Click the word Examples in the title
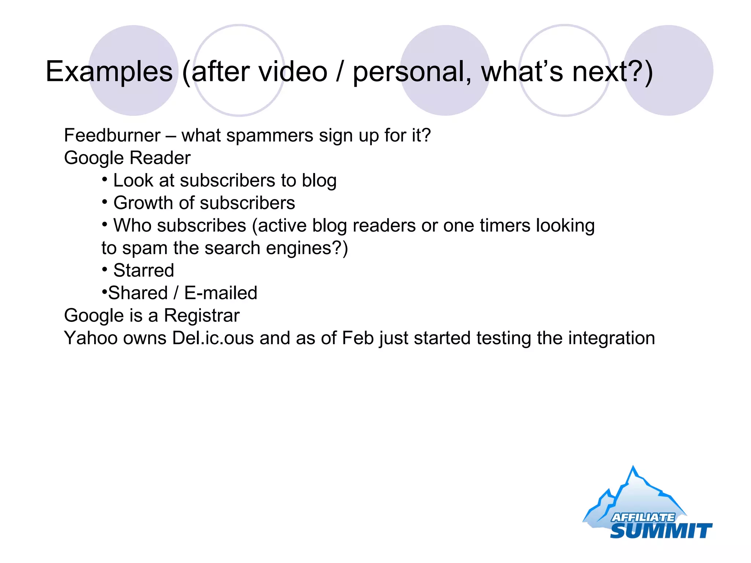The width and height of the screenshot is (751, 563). click(x=109, y=71)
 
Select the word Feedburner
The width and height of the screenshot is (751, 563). click(x=112, y=135)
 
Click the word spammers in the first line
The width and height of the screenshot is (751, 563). click(x=270, y=136)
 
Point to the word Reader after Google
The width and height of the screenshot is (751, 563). click(x=160, y=158)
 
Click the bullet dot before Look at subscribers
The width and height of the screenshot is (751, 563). click(x=105, y=180)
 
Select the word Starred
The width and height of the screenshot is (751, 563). click(x=143, y=271)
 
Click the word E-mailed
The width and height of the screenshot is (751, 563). click(x=220, y=293)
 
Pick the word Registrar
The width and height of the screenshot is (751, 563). click(x=201, y=316)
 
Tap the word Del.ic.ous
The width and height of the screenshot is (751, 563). click(x=213, y=338)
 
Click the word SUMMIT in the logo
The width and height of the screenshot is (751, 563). click(x=660, y=531)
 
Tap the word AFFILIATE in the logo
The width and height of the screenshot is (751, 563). click(x=642, y=517)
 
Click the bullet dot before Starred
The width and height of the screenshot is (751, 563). click(x=105, y=270)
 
